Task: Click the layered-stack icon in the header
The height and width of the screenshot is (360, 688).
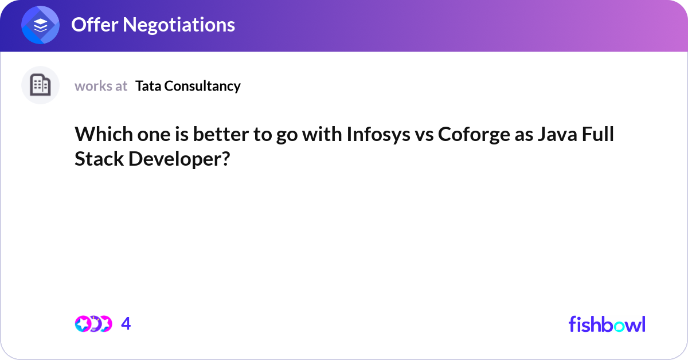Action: pos(40,25)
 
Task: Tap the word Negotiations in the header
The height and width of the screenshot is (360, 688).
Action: pos(179,25)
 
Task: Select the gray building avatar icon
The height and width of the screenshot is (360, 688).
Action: pos(40,85)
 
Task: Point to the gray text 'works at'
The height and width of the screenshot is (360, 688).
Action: pos(101,86)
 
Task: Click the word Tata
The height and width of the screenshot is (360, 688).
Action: pos(147,86)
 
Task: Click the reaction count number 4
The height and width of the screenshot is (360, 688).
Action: pos(126,324)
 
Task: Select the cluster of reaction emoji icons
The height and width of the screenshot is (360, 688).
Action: pos(93,324)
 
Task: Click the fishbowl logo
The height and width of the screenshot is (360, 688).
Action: pos(607,324)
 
